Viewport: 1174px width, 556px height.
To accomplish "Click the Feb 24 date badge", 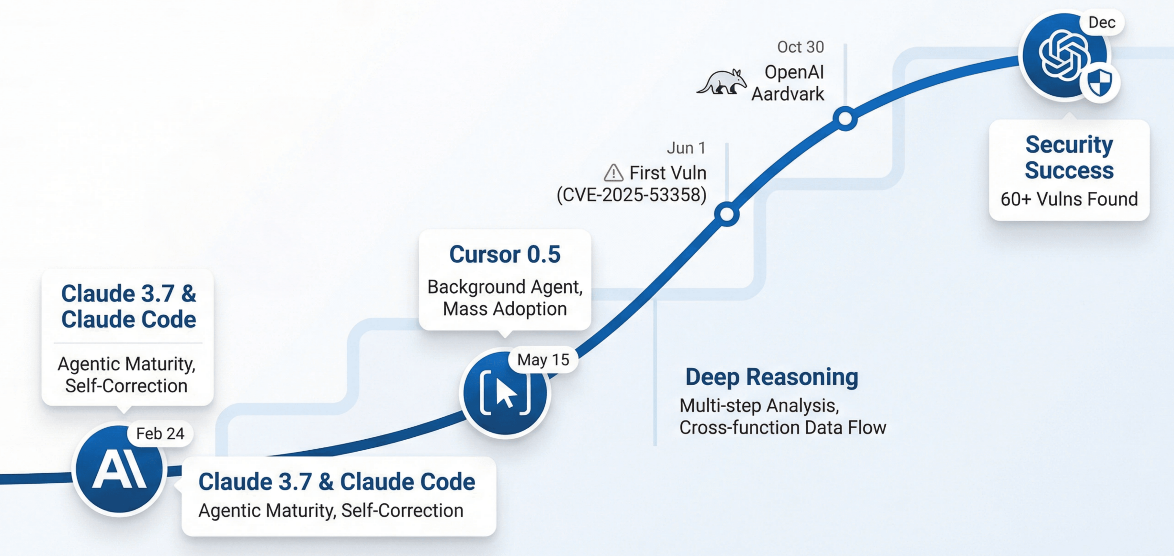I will click(x=160, y=434).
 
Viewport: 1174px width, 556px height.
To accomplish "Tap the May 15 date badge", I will click(x=543, y=359).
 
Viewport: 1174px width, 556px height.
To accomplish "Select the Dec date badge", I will click(x=1102, y=22).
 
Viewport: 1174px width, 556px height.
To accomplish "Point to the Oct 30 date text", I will click(x=800, y=47).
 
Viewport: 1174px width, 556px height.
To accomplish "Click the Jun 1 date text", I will click(x=686, y=148).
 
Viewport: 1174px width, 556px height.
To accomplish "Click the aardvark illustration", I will click(x=722, y=82).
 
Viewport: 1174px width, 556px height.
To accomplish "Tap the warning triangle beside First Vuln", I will click(x=613, y=173).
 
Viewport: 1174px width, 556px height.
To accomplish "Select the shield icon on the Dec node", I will click(x=1100, y=82).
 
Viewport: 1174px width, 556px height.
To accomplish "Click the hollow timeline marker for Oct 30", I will click(x=845, y=118).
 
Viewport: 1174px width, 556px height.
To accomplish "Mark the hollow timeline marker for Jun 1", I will click(x=727, y=214).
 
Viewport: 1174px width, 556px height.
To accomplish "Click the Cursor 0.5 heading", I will click(x=505, y=254).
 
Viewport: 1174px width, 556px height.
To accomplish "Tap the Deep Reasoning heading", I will click(x=771, y=377).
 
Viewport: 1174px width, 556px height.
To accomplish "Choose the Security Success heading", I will click(x=1069, y=157).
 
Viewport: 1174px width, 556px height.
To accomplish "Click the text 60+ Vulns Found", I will click(x=1069, y=199).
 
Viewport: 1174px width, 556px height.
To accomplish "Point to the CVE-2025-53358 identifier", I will click(x=631, y=195).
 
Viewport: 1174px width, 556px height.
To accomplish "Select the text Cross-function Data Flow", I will click(x=782, y=427).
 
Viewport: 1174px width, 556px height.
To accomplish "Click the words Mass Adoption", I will click(x=505, y=309).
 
